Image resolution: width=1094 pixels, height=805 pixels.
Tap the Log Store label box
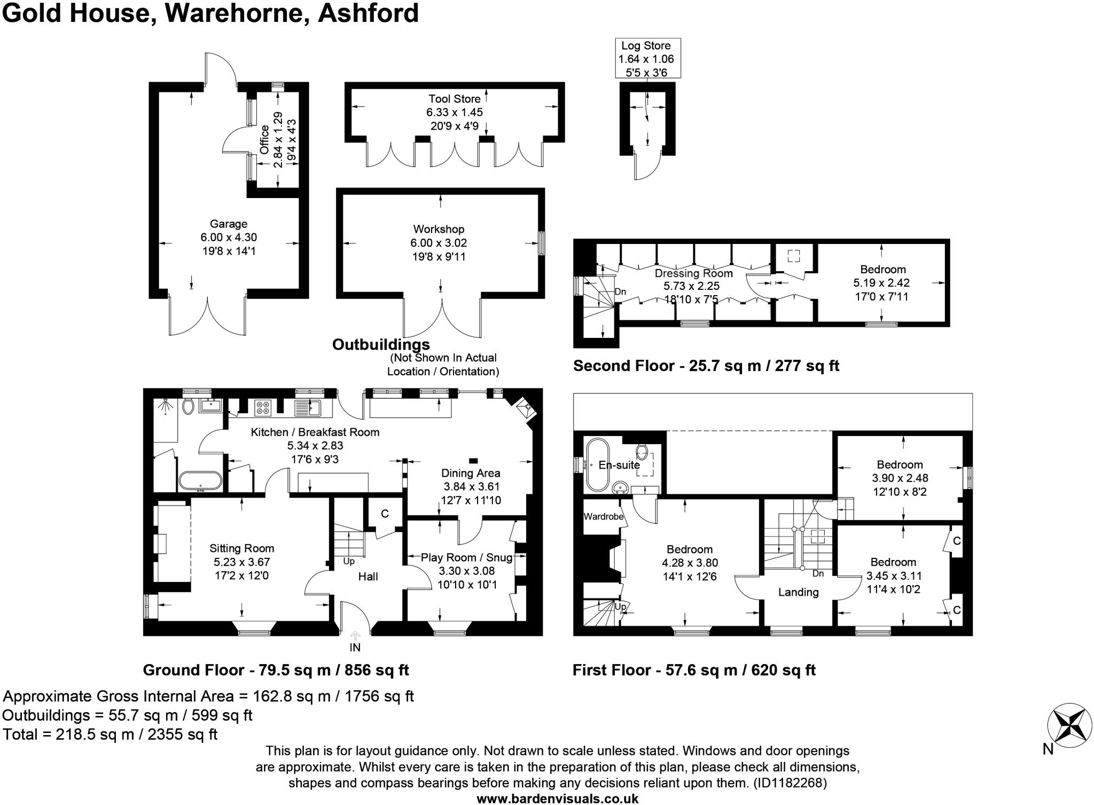coord(646,59)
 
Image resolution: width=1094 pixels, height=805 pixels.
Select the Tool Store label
coord(454,99)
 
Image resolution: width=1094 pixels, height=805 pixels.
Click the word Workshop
coord(439,229)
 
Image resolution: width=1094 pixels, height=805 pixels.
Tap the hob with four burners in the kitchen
coord(263,408)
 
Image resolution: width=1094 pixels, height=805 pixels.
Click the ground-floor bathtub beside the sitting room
coord(200,480)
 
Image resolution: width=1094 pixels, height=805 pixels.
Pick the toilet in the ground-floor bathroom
coord(187,407)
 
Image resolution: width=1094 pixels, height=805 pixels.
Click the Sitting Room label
coord(241,548)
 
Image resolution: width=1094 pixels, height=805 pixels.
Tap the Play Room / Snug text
coord(466,557)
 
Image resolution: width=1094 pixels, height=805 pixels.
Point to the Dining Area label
coord(471,473)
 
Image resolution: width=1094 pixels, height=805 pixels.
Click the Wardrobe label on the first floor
coord(604,517)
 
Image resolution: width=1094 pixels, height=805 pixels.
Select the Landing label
coord(798,592)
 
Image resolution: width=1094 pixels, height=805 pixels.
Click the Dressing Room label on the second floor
coord(693,273)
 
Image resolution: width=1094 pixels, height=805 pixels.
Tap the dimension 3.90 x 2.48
coord(900,478)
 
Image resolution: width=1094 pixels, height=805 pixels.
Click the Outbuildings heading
coord(381,345)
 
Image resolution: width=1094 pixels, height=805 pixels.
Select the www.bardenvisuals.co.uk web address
coord(558,799)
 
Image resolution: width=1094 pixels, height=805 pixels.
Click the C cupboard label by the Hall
coord(385,514)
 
